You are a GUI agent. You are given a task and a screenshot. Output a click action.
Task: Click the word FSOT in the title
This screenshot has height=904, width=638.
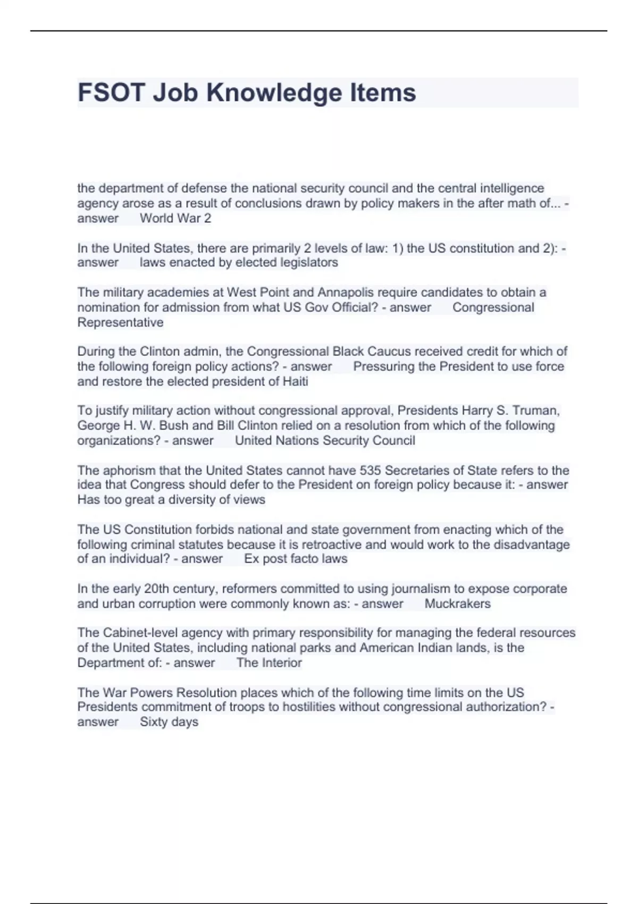click(x=111, y=93)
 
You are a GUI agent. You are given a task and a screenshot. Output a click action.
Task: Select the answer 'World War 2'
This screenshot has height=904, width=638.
click(x=175, y=218)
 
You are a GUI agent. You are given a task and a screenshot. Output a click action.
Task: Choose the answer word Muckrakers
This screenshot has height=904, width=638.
click(x=457, y=604)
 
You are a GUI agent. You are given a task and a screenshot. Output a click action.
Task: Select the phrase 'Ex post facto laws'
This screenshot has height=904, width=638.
click(x=296, y=559)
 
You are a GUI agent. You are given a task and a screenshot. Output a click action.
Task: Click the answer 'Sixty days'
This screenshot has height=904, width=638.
click(x=169, y=722)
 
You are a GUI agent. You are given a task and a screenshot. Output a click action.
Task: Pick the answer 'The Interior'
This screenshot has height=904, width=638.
click(x=269, y=663)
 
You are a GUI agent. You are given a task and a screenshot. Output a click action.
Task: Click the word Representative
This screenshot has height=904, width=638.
click(x=120, y=322)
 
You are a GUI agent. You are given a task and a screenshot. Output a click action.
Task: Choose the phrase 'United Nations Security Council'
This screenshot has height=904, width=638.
click(x=325, y=440)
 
